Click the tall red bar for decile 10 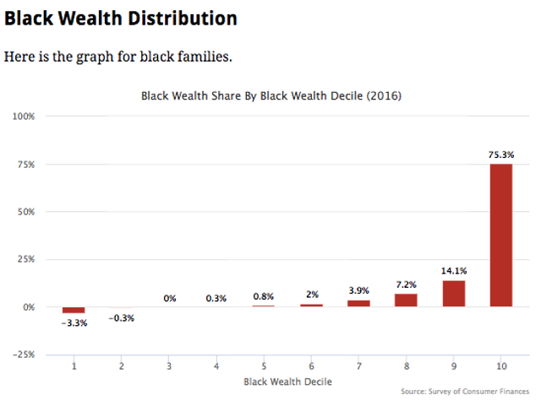point(500,235)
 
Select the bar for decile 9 point(453,293)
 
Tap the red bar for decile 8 point(406,300)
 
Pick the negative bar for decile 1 point(74,310)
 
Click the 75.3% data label point(500,154)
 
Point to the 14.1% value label point(453,271)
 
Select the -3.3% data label point(74,323)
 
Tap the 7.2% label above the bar point(406,284)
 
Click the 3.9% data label point(358,290)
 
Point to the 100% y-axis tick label point(23,116)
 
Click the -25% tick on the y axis point(23,355)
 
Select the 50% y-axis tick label point(25,211)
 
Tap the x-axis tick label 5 point(264,366)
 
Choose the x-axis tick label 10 point(500,366)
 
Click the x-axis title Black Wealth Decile point(287,382)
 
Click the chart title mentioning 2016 point(270,96)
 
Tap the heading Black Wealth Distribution point(120,18)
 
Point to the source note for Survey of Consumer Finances point(465,392)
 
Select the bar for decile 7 point(358,302)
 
